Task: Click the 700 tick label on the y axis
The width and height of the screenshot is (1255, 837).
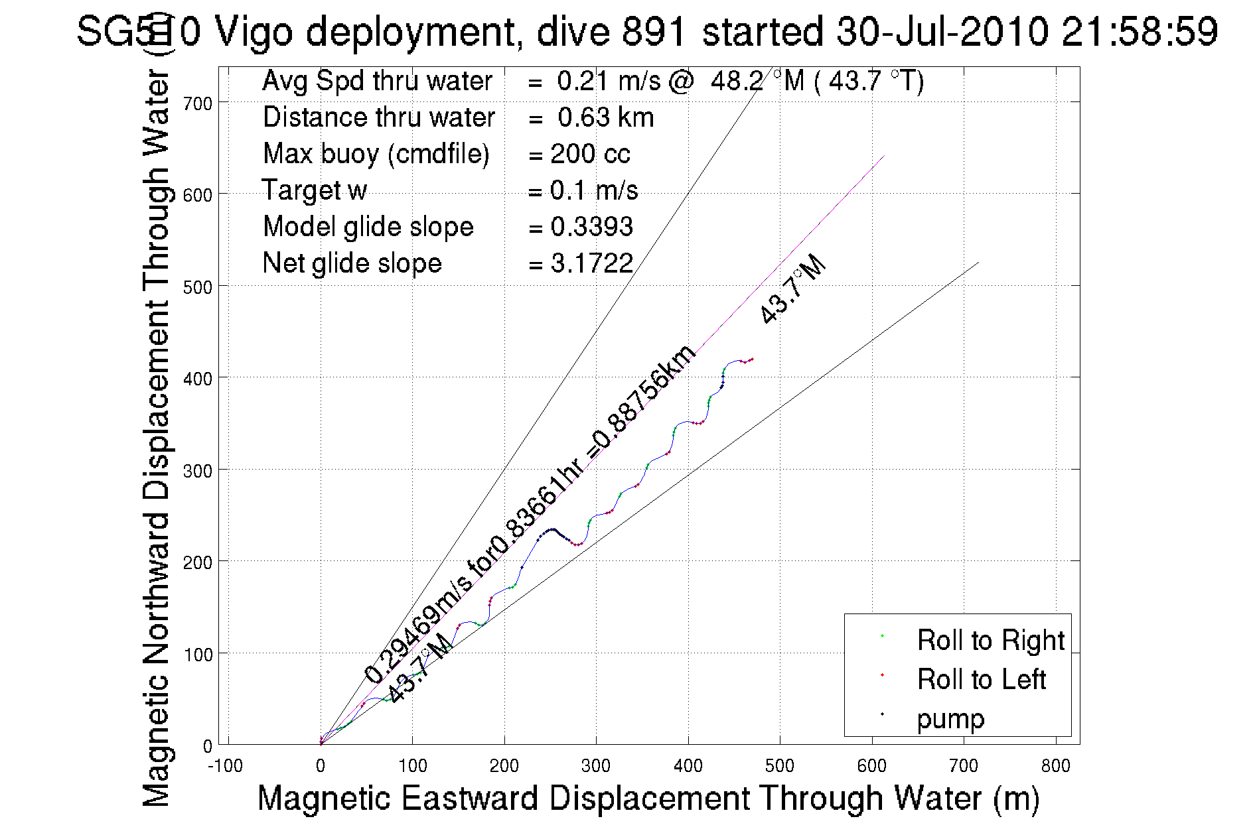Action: [198, 103]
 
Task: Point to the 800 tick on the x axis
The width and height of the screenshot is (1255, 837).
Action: [1055, 766]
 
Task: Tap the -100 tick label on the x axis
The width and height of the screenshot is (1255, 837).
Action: [225, 766]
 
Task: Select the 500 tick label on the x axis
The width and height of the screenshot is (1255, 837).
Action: [779, 766]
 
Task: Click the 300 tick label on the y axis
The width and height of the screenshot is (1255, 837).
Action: [198, 471]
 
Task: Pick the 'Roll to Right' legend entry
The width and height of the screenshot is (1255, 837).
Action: [990, 640]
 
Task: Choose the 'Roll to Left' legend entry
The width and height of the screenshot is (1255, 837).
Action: [981, 679]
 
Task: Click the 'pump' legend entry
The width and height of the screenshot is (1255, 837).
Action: [950, 718]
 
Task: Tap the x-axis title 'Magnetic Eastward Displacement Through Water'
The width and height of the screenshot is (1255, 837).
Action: [648, 798]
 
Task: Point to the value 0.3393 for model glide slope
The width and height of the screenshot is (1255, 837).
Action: [591, 227]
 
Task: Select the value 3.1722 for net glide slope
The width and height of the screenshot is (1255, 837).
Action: [591, 263]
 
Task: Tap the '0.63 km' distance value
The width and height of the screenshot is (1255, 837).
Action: [605, 117]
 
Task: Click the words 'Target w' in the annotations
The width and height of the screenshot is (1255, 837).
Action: [314, 190]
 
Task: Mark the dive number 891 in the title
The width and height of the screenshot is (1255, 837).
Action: [653, 31]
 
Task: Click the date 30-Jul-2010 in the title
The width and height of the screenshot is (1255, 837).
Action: [942, 31]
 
